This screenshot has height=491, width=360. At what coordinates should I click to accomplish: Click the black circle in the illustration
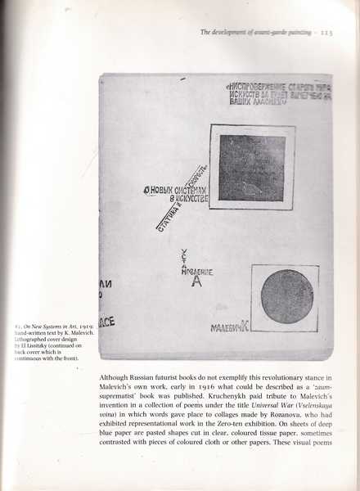coord(286,296)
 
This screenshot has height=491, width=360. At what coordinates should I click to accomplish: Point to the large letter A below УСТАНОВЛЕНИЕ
coord(194,284)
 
